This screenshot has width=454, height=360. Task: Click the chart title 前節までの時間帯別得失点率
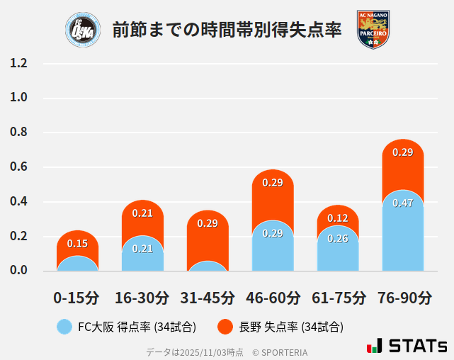coord(227,30)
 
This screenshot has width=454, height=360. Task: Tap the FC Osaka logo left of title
coord(78,30)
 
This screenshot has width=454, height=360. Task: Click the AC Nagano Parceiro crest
coord(373,30)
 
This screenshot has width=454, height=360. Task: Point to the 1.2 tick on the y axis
coord(19,63)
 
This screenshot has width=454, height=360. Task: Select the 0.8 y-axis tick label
coord(19,133)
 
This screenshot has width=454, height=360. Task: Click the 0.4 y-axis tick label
coord(19,201)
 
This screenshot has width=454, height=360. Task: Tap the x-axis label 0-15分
coord(76,298)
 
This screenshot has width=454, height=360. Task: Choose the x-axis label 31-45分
coord(208,298)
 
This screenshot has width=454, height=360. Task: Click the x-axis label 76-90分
coord(404,298)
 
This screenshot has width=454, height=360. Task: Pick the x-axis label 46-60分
coord(273,298)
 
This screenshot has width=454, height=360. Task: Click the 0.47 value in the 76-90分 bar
coord(403,203)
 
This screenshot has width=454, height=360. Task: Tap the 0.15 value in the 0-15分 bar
coord(77,244)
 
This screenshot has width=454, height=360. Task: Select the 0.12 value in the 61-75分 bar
coord(338,218)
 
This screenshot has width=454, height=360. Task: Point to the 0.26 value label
coord(338,239)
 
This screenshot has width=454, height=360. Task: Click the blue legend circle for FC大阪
coord(64,327)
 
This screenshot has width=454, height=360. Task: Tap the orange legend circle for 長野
coord(225,327)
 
